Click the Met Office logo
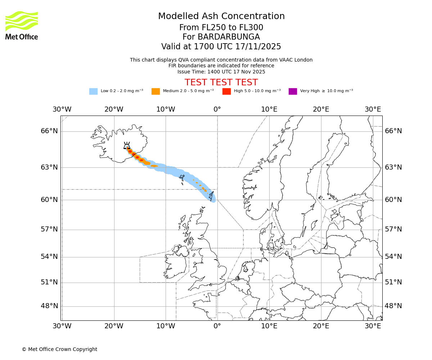[x=22, y=25]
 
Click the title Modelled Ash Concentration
[x=221, y=16]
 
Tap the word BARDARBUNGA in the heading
[x=221, y=37]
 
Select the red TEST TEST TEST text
[x=221, y=82]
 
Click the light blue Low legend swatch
[x=93, y=91]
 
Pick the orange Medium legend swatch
[x=156, y=91]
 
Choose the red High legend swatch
[x=226, y=91]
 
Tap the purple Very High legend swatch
[x=293, y=91]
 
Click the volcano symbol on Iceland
[x=127, y=145]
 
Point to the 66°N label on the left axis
[x=49, y=131]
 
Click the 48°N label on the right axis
[x=393, y=306]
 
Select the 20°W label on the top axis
[x=114, y=109]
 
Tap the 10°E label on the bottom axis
[x=269, y=326]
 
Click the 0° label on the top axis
[x=217, y=109]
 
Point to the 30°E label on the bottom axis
[x=373, y=326]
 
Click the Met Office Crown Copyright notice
[x=59, y=349]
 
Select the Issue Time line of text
[x=221, y=72]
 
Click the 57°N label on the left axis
[x=49, y=229]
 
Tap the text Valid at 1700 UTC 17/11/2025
[x=221, y=46]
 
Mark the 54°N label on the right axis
[x=393, y=257]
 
